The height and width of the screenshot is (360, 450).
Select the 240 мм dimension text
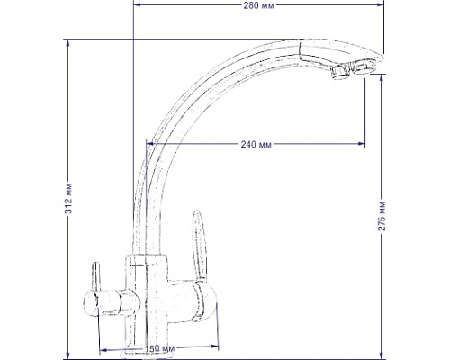click(256, 145)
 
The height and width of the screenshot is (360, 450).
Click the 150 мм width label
click(158, 350)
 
